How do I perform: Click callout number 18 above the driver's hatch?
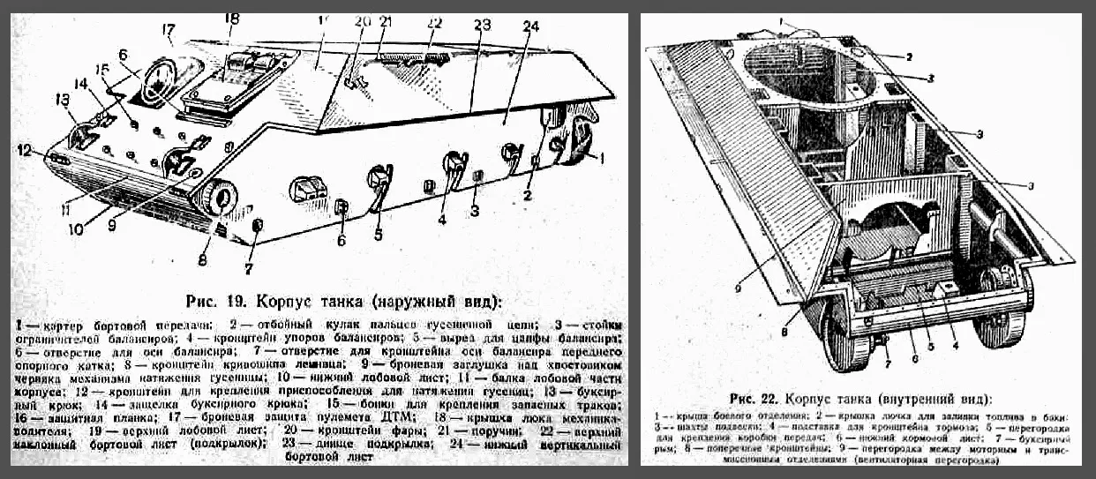[x=231, y=18]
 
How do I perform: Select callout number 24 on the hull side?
[x=529, y=27]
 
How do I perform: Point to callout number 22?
[x=432, y=21]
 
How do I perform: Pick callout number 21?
[x=385, y=21]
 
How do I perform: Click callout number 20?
[x=362, y=21]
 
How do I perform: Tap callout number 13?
[x=63, y=99]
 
